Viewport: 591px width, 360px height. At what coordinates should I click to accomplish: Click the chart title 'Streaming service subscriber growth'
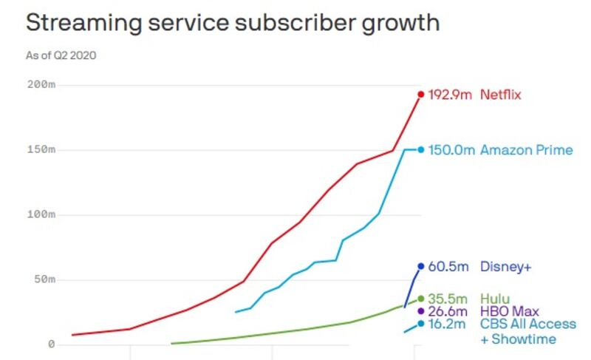tap(233, 22)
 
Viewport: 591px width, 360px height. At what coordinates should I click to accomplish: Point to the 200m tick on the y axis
tap(41, 85)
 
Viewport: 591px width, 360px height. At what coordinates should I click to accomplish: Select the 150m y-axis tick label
tap(41, 150)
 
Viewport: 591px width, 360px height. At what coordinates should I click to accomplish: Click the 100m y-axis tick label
tap(41, 215)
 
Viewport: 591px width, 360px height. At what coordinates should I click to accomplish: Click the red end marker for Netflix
tap(421, 94)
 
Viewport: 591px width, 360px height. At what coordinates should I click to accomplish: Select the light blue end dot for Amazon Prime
tap(421, 149)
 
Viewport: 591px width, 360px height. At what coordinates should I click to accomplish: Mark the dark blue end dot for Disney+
tap(421, 266)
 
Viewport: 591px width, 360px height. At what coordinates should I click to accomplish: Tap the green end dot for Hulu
tap(421, 299)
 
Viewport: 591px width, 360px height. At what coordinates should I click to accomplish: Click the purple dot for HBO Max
tap(421, 310)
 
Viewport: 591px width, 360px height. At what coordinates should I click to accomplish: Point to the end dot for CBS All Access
tap(421, 323)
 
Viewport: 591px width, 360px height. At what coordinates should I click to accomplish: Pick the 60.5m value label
tap(448, 266)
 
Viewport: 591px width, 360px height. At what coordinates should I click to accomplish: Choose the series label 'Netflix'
tap(501, 95)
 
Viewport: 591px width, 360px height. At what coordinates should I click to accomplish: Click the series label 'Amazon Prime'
tap(526, 150)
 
